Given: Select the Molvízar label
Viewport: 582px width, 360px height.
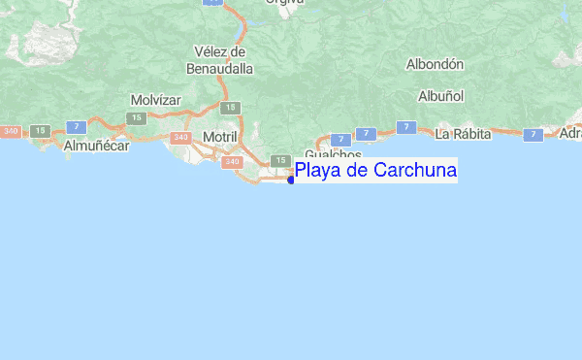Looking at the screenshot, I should (x=156, y=100).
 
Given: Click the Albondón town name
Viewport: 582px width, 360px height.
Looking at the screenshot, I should (x=435, y=64).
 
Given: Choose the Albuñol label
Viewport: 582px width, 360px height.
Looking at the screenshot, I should (x=441, y=96).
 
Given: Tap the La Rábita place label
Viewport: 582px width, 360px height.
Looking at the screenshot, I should (x=461, y=133).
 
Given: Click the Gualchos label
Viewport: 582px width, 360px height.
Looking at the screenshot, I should (x=333, y=155).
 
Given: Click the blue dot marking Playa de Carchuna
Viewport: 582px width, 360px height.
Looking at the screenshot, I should (x=291, y=179).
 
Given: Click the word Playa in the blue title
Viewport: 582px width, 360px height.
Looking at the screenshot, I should (x=319, y=172).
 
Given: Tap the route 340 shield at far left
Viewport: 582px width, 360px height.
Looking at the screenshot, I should (x=12, y=131).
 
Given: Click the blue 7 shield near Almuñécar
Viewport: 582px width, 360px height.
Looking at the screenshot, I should (x=75, y=125).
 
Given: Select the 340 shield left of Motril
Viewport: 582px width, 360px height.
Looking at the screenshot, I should (x=180, y=138).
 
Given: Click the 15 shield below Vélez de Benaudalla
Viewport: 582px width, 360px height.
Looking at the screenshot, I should (x=228, y=108).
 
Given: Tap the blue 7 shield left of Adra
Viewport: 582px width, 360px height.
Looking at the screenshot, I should (x=533, y=135).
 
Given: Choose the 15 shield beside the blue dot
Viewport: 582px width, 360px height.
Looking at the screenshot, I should (x=280, y=160).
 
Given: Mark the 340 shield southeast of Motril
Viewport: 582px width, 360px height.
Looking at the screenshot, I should (x=232, y=162).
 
